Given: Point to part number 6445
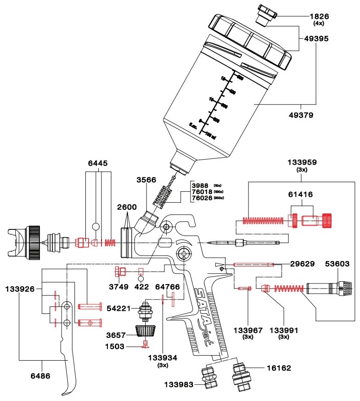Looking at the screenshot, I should tap(98, 163).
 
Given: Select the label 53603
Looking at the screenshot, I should tap(337, 264).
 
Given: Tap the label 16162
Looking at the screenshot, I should tap(279, 368).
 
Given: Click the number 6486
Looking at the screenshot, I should tap(41, 375).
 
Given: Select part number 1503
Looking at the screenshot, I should tap(114, 346).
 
